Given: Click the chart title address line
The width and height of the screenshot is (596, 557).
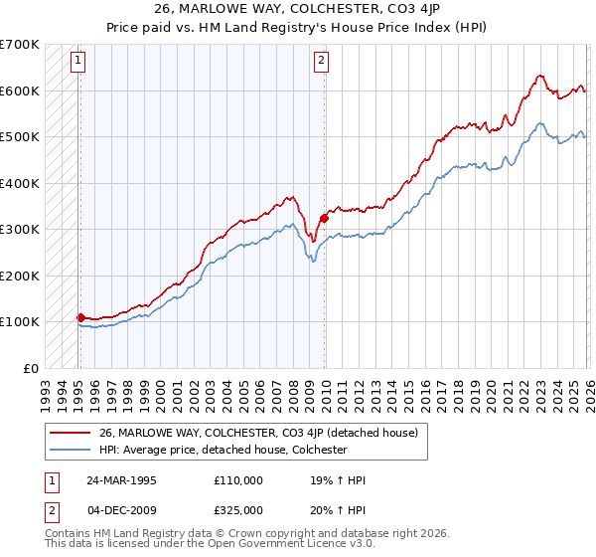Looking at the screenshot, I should coord(298,9).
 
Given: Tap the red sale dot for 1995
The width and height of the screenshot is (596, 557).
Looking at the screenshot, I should coord(80,317).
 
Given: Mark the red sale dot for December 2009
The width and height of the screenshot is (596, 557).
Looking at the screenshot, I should coord(324,218).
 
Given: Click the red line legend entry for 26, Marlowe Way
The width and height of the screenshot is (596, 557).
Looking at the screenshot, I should coord(258,433).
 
